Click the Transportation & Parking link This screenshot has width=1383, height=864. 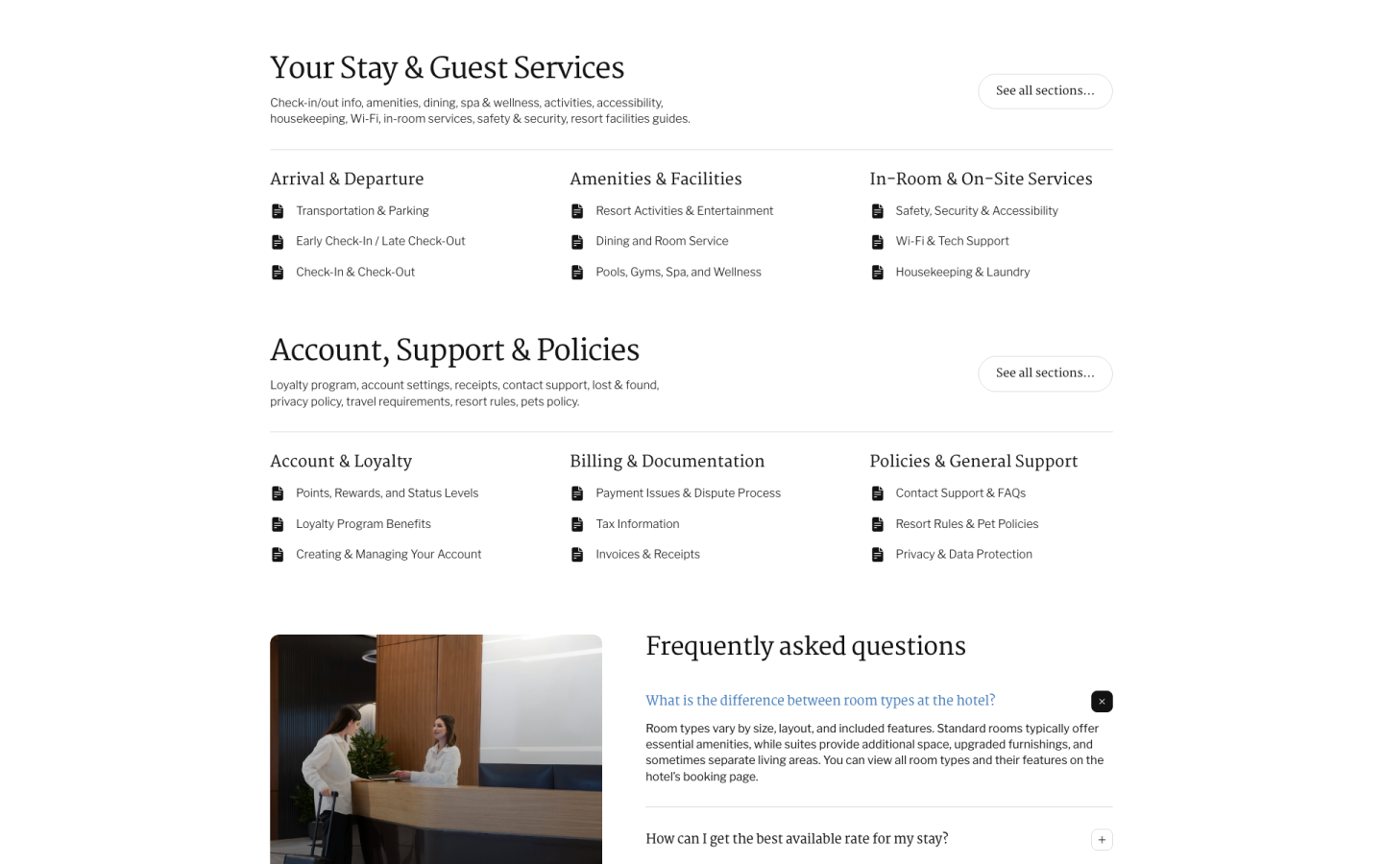coord(362,211)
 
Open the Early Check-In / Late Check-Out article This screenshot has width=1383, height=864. coord(380,242)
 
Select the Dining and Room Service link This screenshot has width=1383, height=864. coord(662,242)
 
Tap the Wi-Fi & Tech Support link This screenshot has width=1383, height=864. coord(952,242)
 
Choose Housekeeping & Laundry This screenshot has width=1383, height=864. coord(962,273)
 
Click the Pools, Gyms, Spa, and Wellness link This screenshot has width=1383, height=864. coord(678,273)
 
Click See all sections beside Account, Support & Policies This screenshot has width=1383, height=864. coord(1045,373)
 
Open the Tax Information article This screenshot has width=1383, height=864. coord(637,524)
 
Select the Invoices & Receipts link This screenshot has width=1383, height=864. coord(647,555)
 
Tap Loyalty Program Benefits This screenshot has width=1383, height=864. coord(363,524)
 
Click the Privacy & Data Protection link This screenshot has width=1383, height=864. coord(963,555)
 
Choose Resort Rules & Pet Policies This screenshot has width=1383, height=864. coord(966,524)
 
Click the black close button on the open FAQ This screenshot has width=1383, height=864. coord(1102,702)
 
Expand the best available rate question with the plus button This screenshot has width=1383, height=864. coord(1102,840)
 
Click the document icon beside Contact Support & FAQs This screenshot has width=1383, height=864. coord(877,493)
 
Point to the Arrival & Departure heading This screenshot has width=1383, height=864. coord(347,180)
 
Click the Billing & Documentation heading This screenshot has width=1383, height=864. coord(667,462)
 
